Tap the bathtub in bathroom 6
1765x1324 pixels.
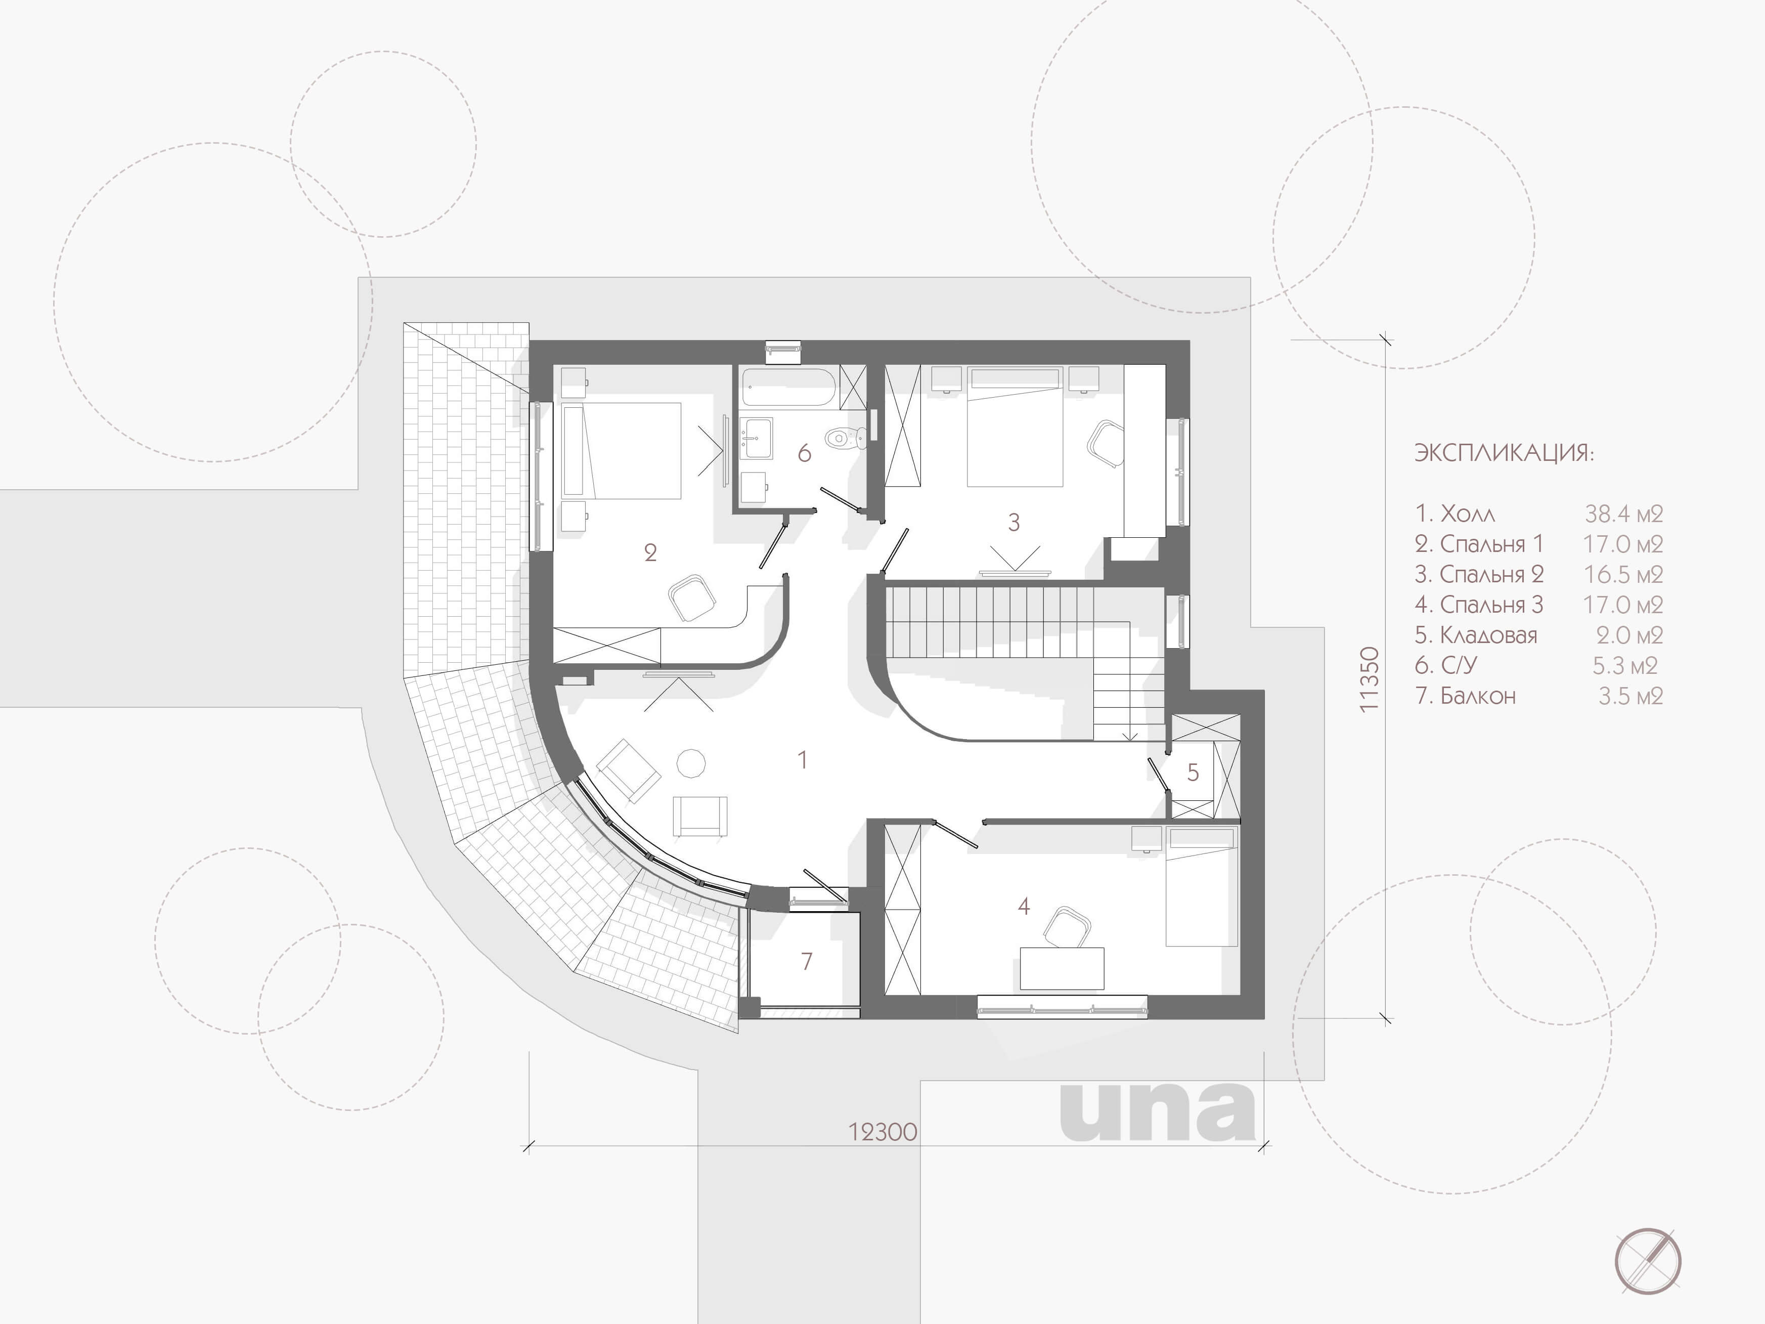click(788, 387)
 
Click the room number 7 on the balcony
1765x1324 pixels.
click(807, 961)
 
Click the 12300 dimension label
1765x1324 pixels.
click(882, 1132)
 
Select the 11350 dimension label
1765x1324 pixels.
click(1369, 679)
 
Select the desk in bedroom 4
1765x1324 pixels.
click(1062, 968)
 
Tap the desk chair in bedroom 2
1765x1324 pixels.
click(691, 600)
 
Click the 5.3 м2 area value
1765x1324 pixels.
click(1624, 666)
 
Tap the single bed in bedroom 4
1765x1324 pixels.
click(1202, 886)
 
